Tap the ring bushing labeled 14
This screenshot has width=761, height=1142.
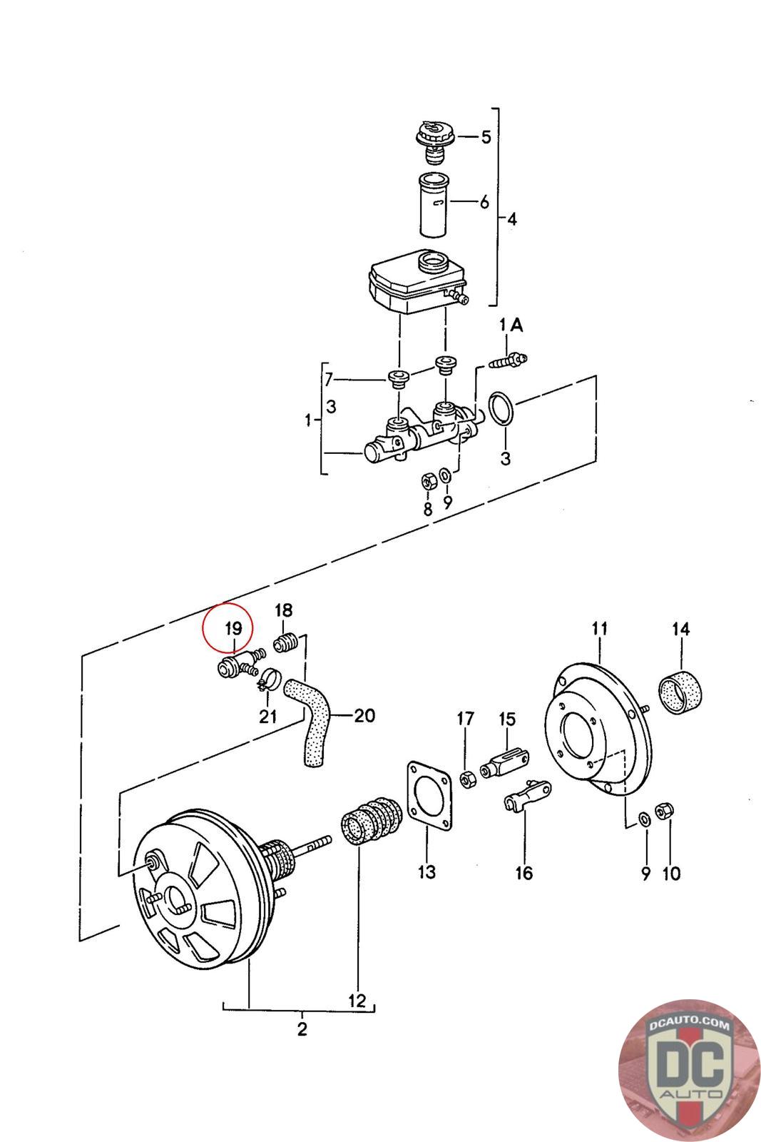coord(680,691)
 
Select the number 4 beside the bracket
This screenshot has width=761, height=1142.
coord(511,219)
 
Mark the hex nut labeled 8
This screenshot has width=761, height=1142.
coord(428,480)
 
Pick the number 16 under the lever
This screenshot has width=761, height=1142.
coord(524,872)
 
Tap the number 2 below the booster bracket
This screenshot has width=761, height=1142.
coord(302,1030)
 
